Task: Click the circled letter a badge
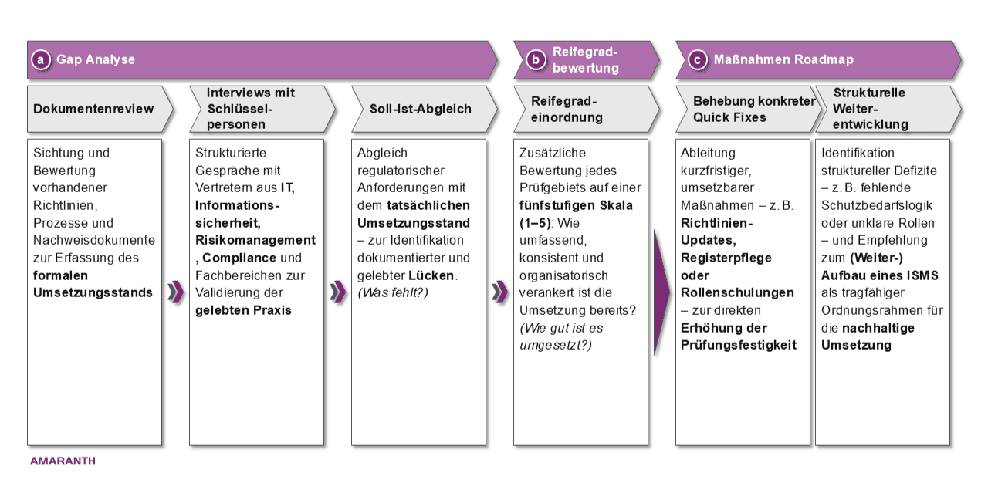41,59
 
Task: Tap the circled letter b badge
535,60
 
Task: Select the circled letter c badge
697,59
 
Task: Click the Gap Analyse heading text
96,59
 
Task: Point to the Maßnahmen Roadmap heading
783,59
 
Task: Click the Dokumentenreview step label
93,109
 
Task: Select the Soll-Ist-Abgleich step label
420,109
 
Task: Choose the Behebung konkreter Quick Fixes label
753,109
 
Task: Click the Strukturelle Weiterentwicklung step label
870,109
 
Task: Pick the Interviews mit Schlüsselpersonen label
250,109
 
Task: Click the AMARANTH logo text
63,461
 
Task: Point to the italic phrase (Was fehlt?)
392,292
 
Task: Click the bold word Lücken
431,275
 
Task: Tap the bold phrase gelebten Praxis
243,310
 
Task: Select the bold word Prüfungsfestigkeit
738,345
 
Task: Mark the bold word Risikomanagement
255,241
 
